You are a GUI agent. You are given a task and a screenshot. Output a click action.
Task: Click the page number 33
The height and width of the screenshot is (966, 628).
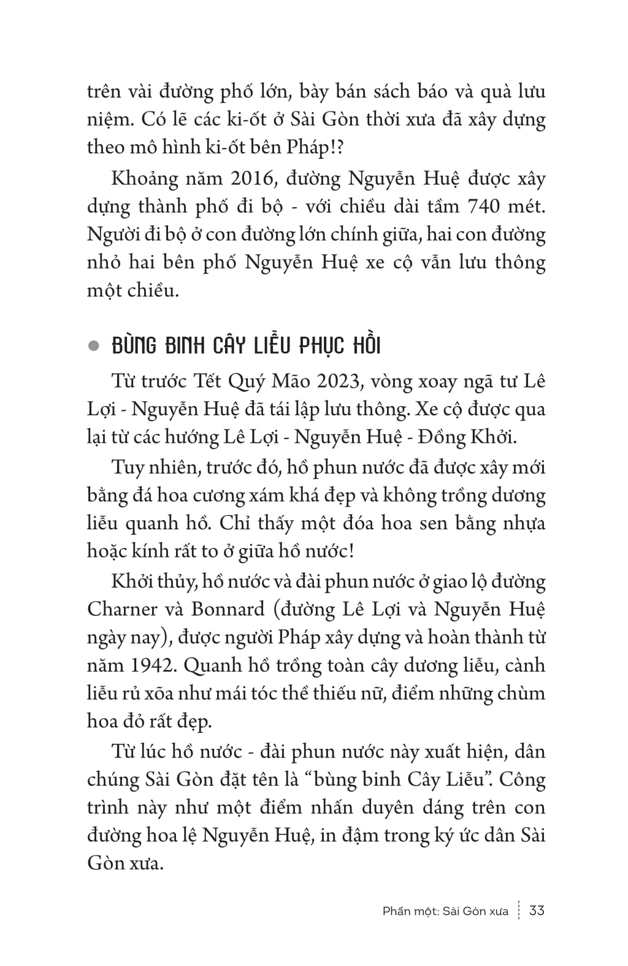pyautogui.click(x=537, y=910)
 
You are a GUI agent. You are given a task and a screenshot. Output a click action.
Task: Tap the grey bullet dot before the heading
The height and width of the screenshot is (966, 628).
pyautogui.click(x=94, y=347)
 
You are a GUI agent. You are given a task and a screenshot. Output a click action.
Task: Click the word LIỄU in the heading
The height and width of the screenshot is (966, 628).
pyautogui.click(x=272, y=346)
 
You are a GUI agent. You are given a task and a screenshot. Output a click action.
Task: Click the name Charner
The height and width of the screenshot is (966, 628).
pyautogui.click(x=123, y=609)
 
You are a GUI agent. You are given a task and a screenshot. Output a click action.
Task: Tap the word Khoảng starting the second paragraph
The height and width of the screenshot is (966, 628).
pyautogui.click(x=145, y=180)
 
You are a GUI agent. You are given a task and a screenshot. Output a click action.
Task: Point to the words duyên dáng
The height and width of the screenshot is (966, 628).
pyautogui.click(x=432, y=807)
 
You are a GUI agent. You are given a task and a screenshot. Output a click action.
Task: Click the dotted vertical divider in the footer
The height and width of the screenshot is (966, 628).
pyautogui.click(x=519, y=910)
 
